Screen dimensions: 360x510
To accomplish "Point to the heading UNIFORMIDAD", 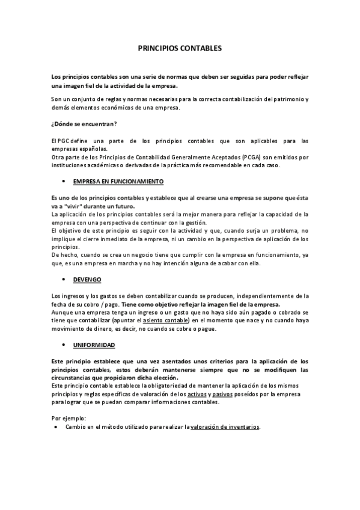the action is coord(94,345).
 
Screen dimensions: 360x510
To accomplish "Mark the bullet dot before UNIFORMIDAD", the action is coord(64,345).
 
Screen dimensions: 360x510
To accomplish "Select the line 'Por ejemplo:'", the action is coord(69,417).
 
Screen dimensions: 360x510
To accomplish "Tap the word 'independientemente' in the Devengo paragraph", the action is coord(270,296).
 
